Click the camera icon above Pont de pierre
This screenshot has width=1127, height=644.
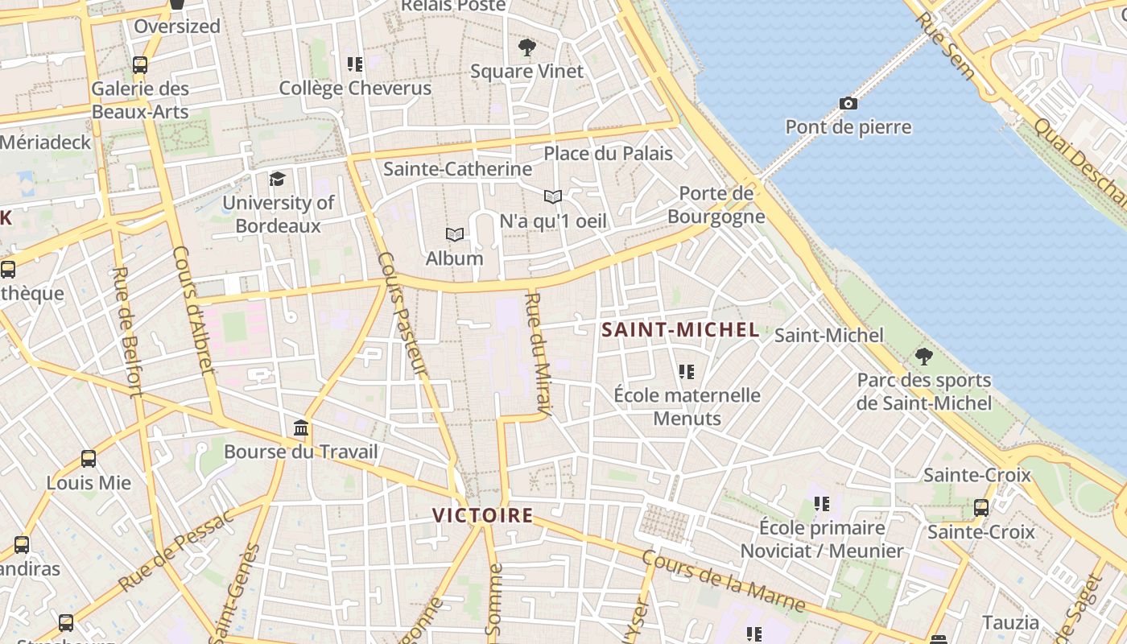848,103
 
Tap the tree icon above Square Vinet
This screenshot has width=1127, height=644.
527,47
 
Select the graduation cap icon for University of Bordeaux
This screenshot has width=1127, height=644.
278,179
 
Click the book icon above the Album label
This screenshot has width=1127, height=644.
455,234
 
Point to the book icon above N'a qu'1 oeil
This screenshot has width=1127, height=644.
552,196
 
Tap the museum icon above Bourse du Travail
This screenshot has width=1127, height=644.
301,427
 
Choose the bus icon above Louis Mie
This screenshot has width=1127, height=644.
89,459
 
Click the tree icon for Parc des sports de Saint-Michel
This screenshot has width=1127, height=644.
924,356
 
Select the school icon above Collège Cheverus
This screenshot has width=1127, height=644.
355,64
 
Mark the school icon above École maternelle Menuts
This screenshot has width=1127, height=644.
687,371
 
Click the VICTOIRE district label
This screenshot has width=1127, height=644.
483,515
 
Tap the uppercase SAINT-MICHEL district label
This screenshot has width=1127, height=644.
680,329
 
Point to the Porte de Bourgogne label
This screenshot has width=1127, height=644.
716,204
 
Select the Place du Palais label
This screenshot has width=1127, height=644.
608,153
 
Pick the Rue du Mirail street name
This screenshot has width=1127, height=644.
536,354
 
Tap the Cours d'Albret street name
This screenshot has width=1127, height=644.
194,310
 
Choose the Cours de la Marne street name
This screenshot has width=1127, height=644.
723,581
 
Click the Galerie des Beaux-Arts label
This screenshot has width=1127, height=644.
140,100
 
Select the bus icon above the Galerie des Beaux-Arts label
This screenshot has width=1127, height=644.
140,64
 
